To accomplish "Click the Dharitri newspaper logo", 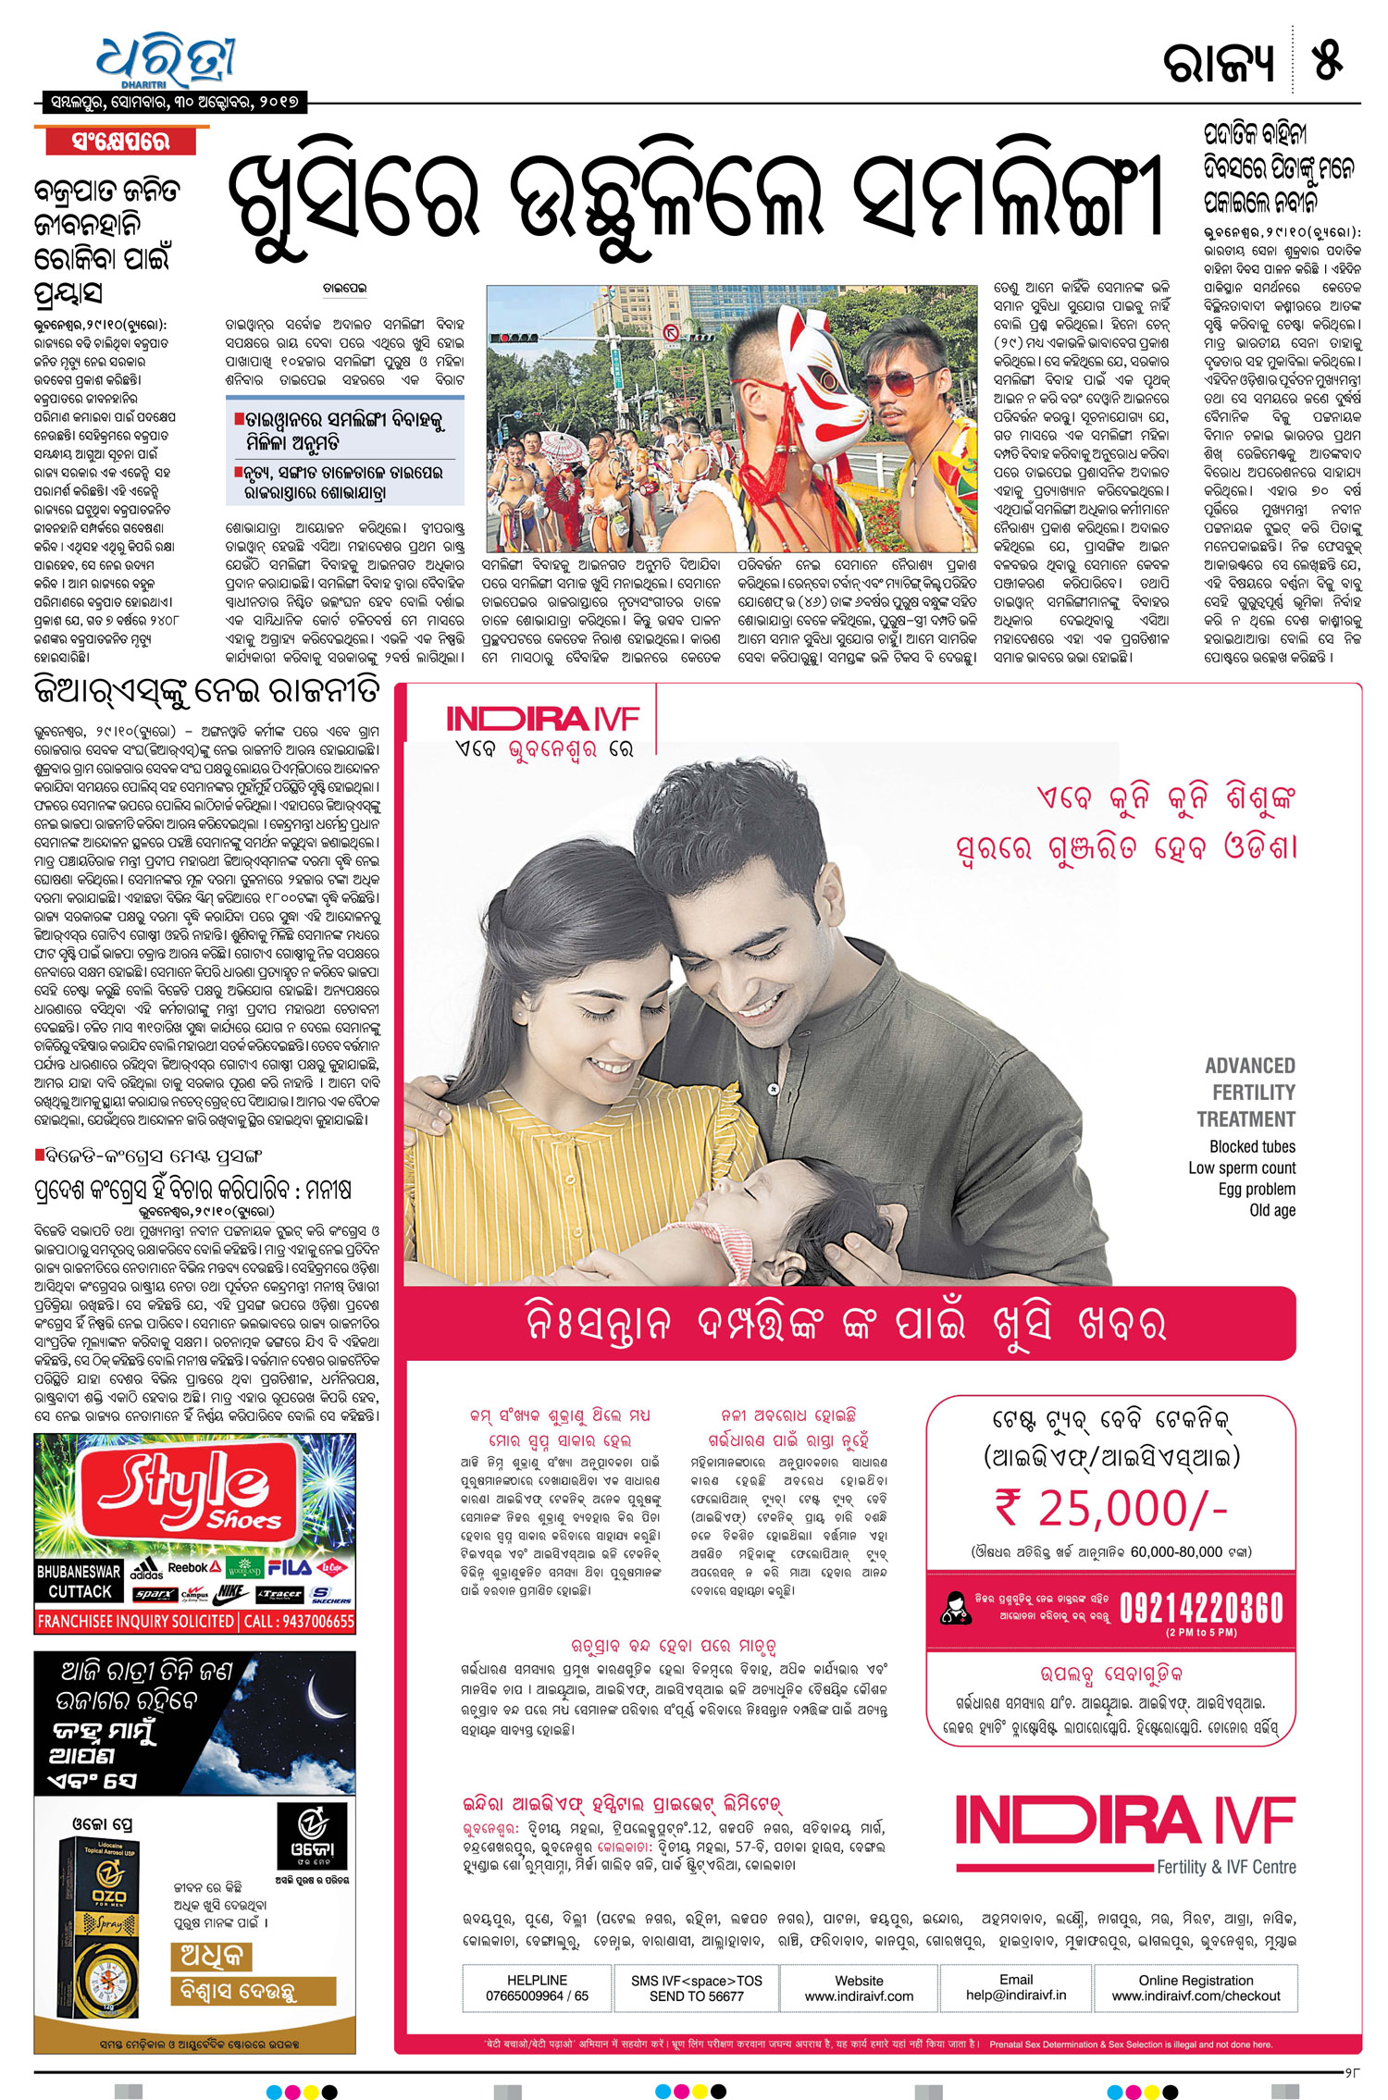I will click(x=167, y=61).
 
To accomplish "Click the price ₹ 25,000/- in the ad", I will click(x=1110, y=1509).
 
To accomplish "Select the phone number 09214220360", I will click(x=1200, y=1608).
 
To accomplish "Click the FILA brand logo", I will click(x=290, y=1567).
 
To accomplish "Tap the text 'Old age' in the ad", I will click(x=1272, y=1210).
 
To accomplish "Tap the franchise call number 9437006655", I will click(x=299, y=1621).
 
